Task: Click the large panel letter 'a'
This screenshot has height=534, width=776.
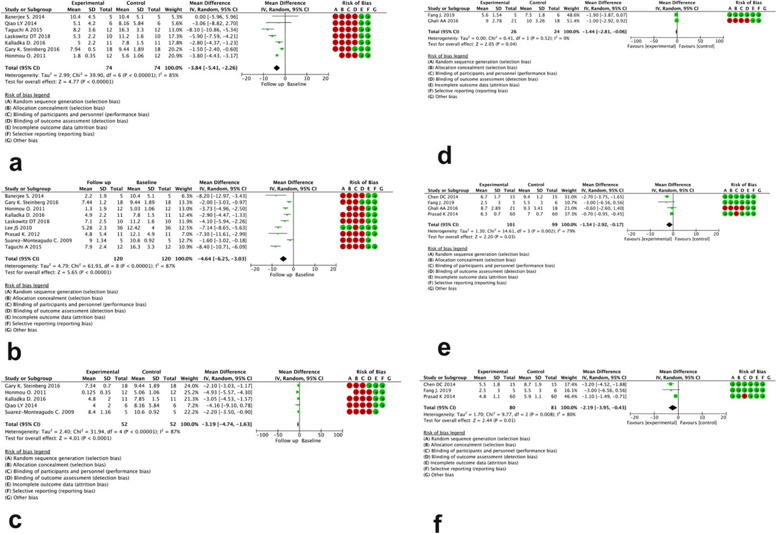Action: [x=15, y=164]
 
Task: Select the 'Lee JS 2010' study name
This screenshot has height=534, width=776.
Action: [x=18, y=228]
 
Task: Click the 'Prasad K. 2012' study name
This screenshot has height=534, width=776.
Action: [x=22, y=234]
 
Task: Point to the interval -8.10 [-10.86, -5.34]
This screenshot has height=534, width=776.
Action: [x=215, y=30]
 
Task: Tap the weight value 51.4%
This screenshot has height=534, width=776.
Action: [x=572, y=21]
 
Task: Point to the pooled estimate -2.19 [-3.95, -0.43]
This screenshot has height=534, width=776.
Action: [x=604, y=407]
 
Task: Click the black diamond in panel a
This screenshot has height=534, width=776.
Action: [x=276, y=68]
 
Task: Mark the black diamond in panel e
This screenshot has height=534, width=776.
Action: [x=669, y=225]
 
